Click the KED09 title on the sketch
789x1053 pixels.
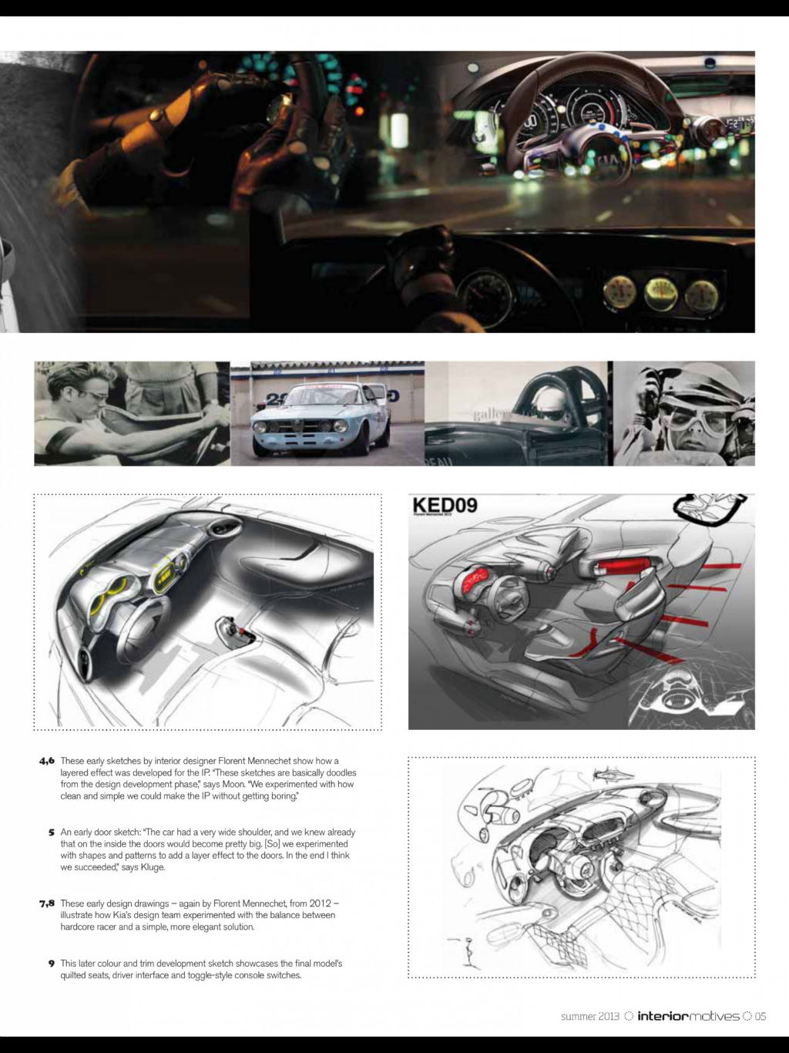click(445, 506)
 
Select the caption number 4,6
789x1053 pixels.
click(47, 761)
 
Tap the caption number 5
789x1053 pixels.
click(52, 833)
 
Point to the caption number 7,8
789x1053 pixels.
click(47, 903)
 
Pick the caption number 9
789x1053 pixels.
click(52, 964)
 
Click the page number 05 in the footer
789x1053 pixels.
click(760, 1016)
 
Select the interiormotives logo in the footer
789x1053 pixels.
click(688, 1016)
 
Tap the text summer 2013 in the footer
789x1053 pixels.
click(589, 1016)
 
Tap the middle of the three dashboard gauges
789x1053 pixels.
click(661, 291)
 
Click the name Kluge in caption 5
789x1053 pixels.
click(153, 867)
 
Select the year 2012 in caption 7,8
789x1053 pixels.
click(321, 903)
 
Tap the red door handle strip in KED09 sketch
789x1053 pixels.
click(622, 569)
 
